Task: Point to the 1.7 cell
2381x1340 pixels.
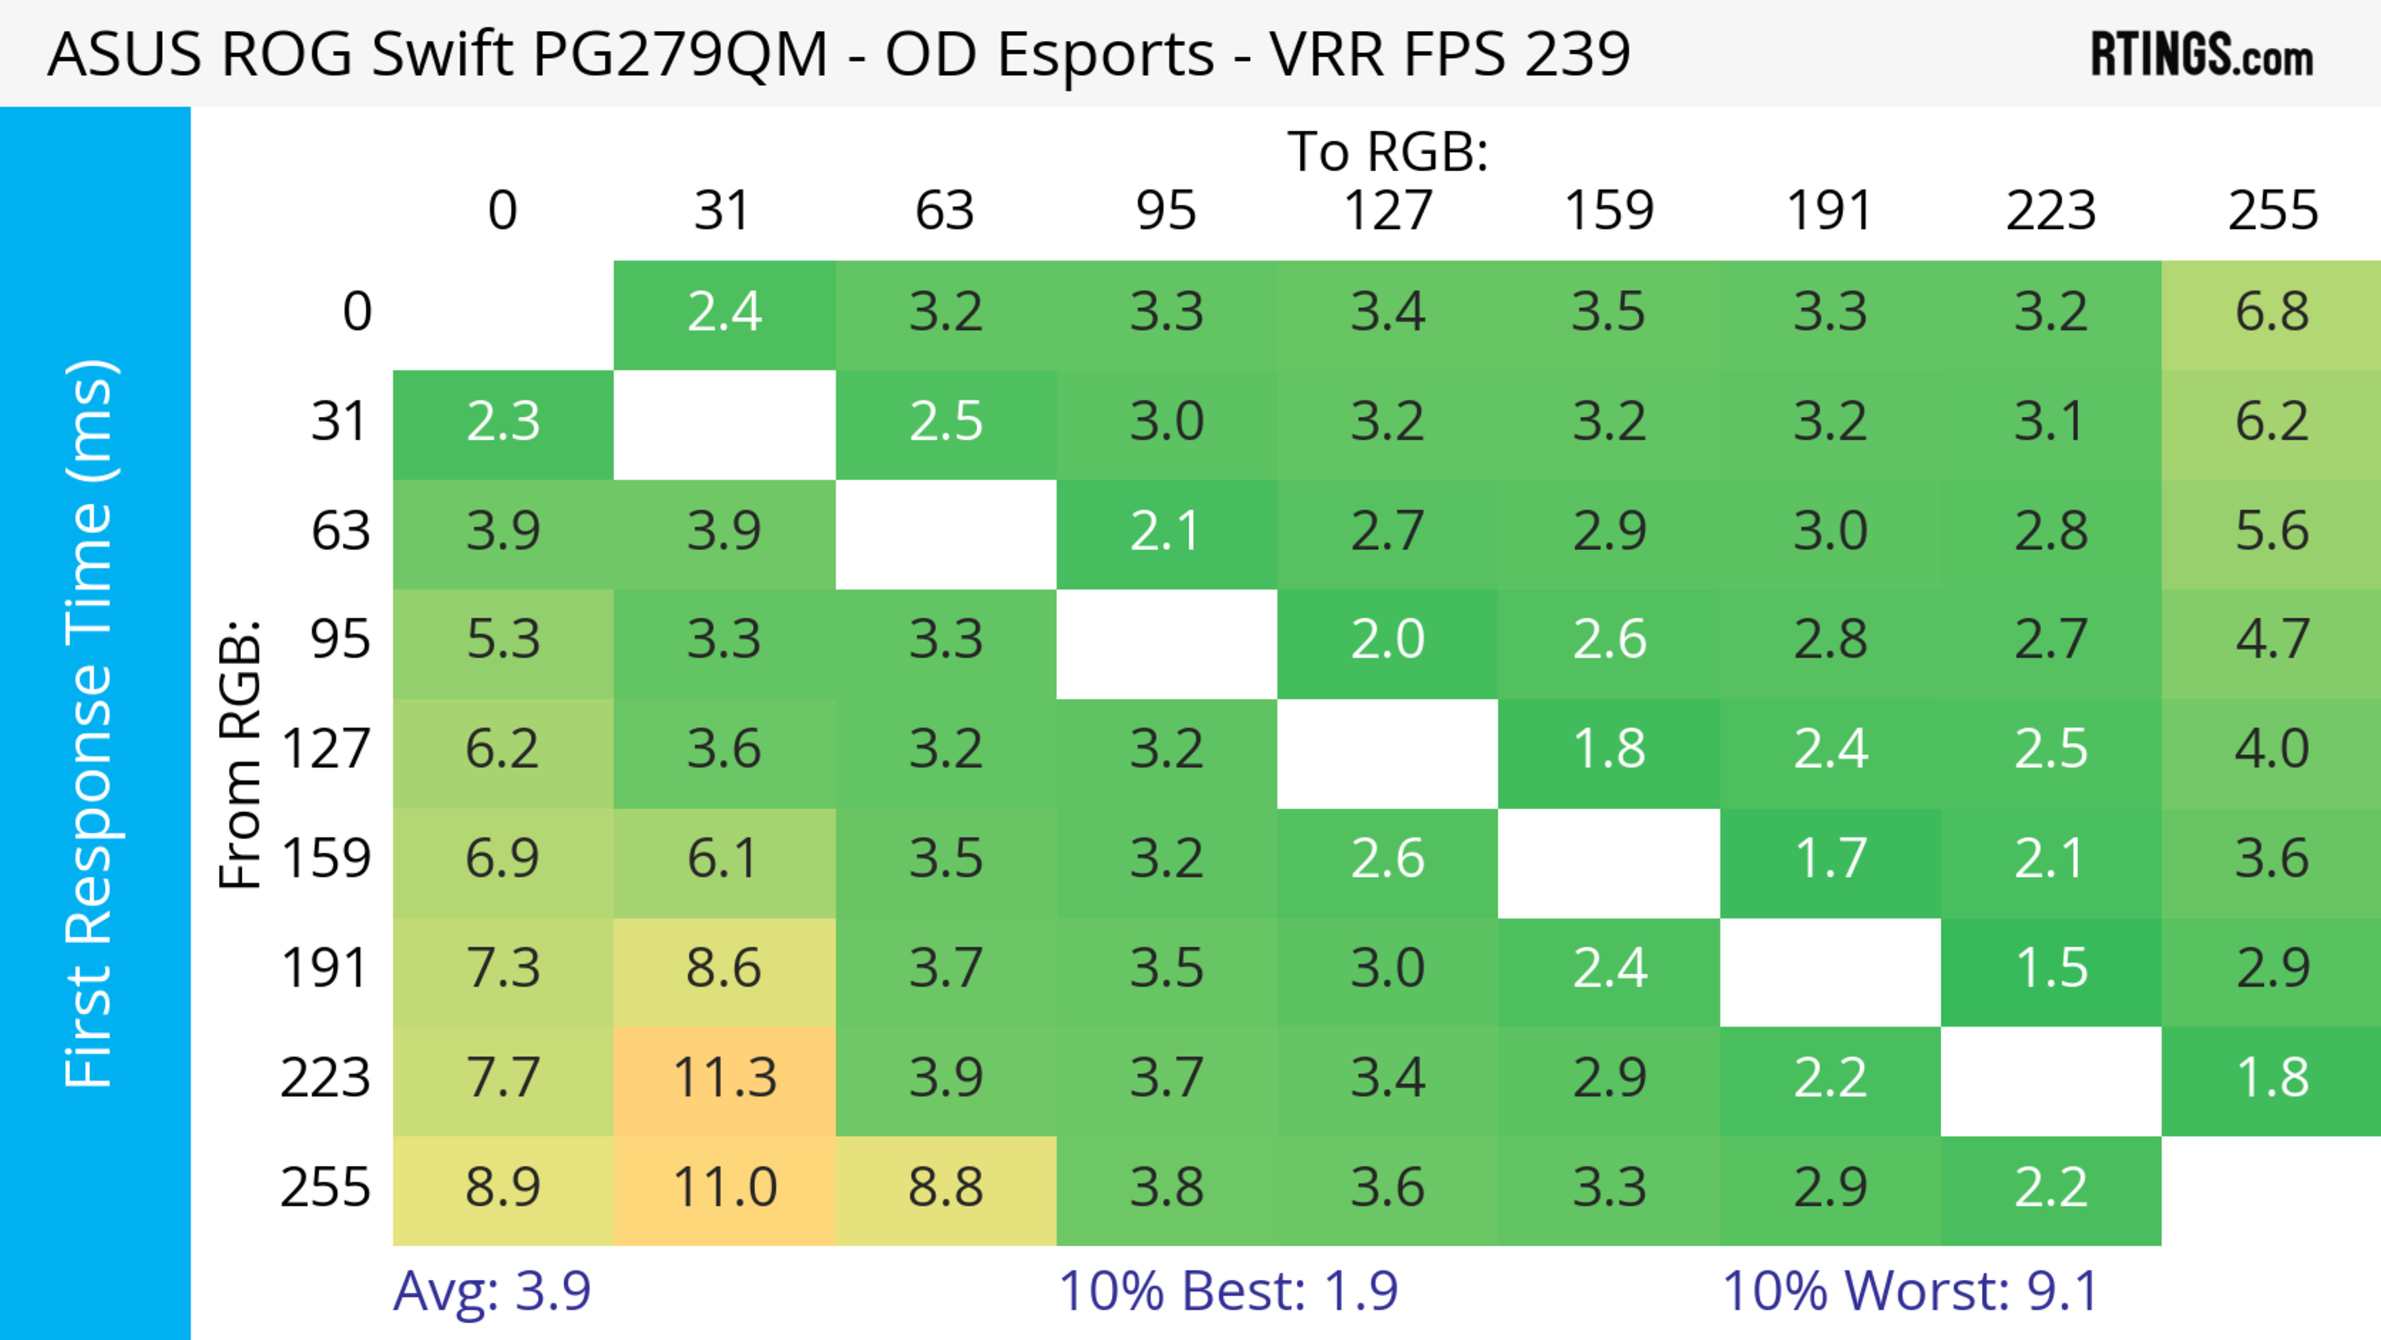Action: (x=1830, y=859)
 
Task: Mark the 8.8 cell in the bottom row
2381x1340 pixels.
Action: (x=946, y=1187)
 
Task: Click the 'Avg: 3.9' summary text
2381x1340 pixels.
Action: (x=492, y=1291)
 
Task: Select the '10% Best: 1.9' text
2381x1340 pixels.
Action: (x=1228, y=1291)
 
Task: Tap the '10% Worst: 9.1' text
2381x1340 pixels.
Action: (x=1910, y=1291)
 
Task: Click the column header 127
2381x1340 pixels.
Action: (x=1388, y=211)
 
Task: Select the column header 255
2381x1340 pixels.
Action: (x=2272, y=211)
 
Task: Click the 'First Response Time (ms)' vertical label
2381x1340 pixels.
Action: (x=91, y=722)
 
